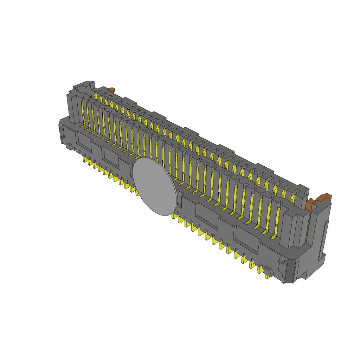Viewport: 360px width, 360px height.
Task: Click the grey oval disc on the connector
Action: pyautogui.click(x=155, y=186)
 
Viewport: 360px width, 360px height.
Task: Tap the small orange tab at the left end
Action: pyautogui.click(x=112, y=90)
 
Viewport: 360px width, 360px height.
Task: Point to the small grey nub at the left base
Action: pyautogui.click(x=69, y=146)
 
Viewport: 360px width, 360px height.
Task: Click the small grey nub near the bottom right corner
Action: pyautogui.click(x=269, y=271)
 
